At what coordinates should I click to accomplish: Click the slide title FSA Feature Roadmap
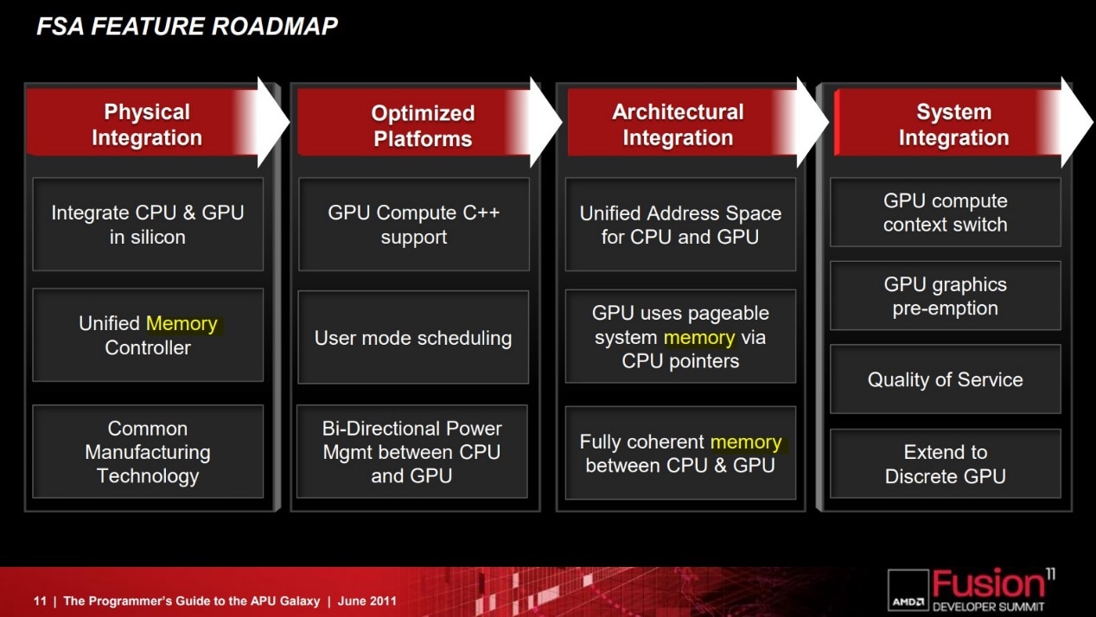186,27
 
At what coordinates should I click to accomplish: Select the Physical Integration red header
147,125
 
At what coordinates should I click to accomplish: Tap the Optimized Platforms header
423,126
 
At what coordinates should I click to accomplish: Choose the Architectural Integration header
678,125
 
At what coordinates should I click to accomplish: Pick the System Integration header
953,125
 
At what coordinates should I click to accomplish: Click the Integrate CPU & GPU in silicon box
148,225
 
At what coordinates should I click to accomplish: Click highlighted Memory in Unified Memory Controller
182,324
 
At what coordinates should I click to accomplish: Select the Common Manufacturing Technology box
148,452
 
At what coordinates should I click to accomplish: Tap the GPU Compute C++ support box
413,225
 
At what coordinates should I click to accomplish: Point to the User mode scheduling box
413,338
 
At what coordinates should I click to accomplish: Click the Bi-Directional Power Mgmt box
412,452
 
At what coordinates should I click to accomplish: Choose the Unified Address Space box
680,225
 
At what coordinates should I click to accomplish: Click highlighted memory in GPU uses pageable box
699,338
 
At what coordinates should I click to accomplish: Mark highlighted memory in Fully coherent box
745,442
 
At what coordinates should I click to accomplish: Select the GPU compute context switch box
945,213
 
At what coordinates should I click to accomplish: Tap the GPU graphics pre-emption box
945,296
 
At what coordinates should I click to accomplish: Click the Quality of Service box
945,380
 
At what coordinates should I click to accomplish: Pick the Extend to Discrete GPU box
945,464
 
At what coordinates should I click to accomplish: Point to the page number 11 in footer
40,601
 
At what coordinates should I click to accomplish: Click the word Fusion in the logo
988,583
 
